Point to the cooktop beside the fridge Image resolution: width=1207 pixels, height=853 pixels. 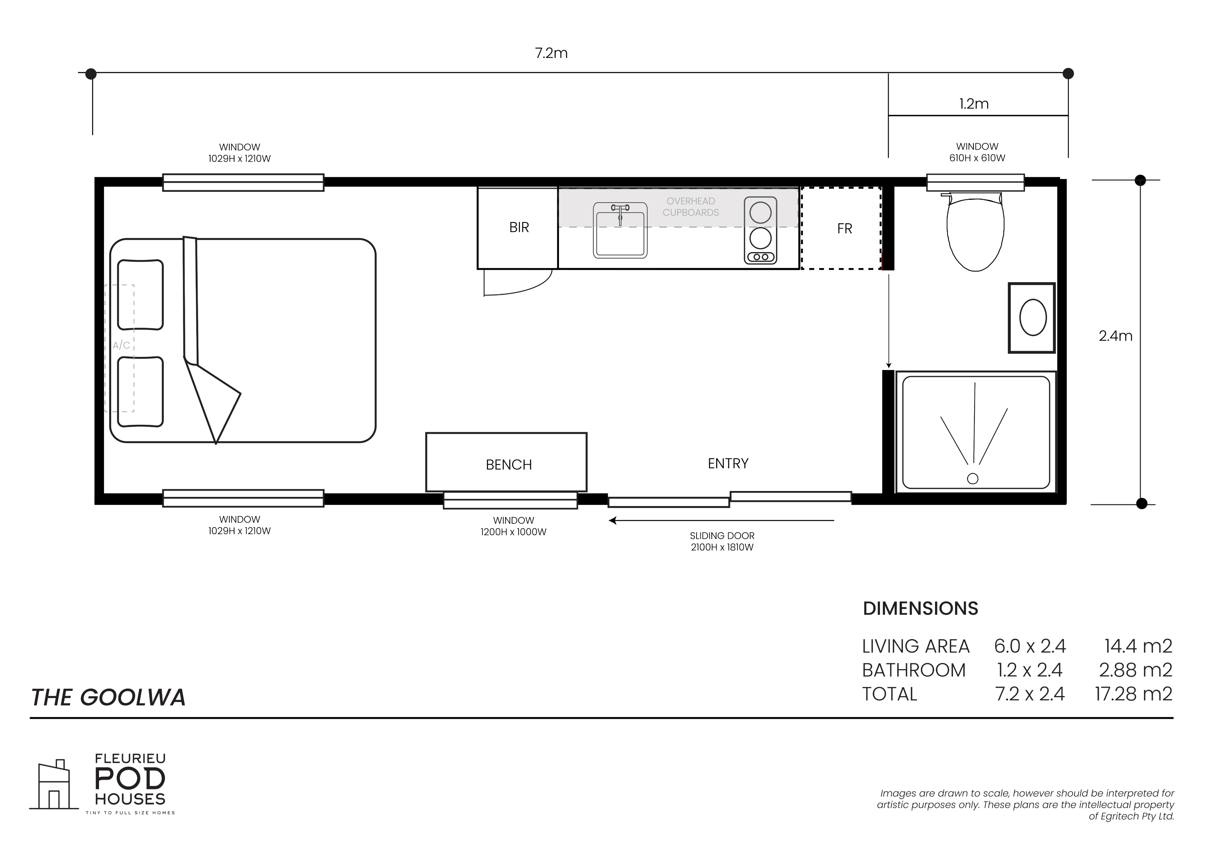761,230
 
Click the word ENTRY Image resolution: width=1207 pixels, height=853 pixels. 728,464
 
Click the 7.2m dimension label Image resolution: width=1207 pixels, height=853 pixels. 551,53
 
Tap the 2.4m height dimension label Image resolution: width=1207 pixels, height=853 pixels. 1116,336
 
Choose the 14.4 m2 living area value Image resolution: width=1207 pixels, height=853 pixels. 1138,646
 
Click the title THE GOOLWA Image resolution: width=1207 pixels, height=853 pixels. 108,697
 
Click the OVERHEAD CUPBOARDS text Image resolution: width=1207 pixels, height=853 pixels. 691,206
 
